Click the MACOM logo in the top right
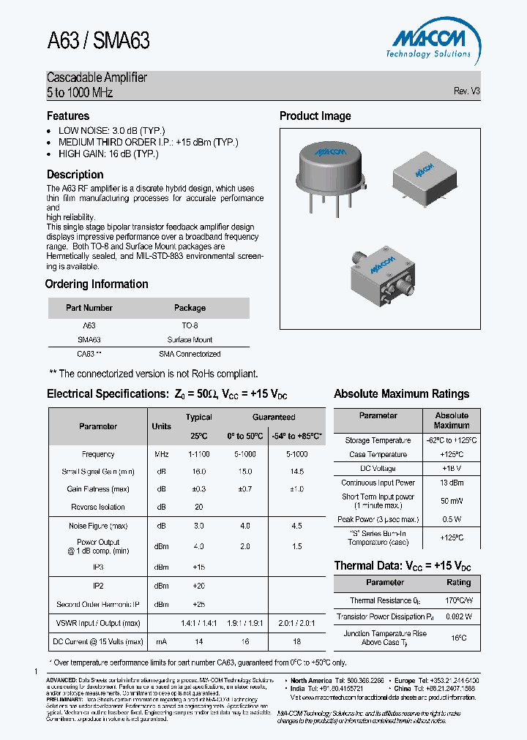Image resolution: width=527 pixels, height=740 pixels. [428, 40]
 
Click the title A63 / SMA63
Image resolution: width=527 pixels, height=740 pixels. [98, 40]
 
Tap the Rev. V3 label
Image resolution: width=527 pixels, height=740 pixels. [466, 91]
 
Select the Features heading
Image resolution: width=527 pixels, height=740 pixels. [68, 116]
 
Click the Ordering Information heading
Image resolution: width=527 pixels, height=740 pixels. [97, 284]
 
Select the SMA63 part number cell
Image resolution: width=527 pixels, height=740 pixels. [89, 340]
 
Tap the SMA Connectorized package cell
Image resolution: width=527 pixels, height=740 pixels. [190, 354]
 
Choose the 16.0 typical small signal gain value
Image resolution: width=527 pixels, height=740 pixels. [198, 472]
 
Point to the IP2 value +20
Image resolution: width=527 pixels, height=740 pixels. [198, 587]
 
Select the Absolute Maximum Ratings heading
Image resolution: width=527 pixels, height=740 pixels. [401, 394]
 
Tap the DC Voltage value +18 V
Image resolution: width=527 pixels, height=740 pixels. [451, 468]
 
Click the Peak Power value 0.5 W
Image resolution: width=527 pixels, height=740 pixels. [451, 520]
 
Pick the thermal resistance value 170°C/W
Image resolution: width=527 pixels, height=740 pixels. [458, 600]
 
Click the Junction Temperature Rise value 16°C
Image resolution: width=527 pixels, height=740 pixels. [458, 638]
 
